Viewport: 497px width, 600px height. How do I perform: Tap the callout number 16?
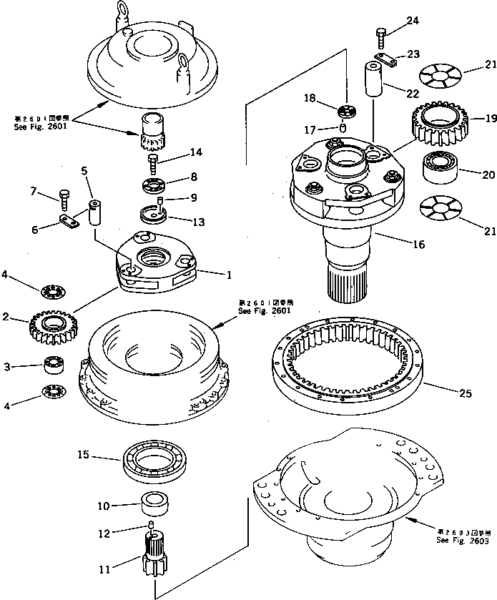coord(418,244)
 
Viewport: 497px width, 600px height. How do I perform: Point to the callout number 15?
coord(103,455)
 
